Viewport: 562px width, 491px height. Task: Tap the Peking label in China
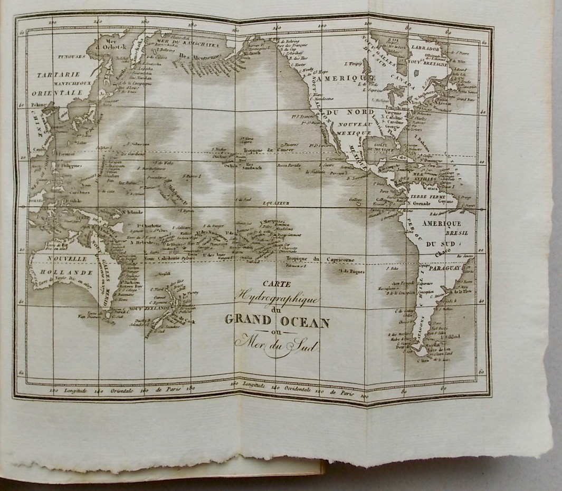click(x=39, y=105)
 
